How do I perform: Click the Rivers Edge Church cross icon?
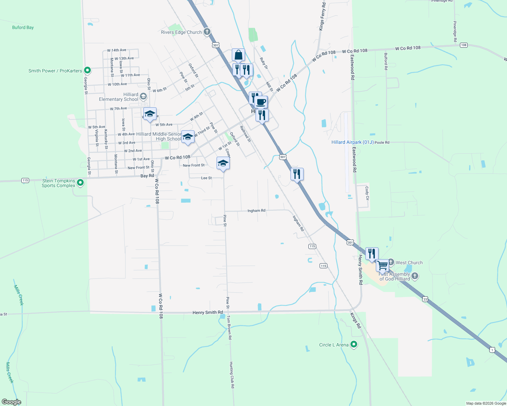click(207, 32)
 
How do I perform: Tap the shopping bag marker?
click(238, 55)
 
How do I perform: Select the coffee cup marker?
click(261, 102)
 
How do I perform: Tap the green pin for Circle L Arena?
click(354, 345)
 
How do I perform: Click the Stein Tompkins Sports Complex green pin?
click(80, 183)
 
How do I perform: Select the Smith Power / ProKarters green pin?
click(87, 71)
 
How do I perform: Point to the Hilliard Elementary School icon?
click(143, 97)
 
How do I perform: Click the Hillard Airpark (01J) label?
click(352, 142)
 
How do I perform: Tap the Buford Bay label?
click(23, 27)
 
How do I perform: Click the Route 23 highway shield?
click(425, 299)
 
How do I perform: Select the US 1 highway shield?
click(492, 350)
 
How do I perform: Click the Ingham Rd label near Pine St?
click(256, 210)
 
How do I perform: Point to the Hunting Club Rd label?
click(232, 375)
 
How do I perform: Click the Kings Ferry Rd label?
click(322, 16)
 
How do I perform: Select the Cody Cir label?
click(367, 193)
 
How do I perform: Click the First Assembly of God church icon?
click(415, 276)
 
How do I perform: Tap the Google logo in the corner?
click(11, 402)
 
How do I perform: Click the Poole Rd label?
click(382, 143)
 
